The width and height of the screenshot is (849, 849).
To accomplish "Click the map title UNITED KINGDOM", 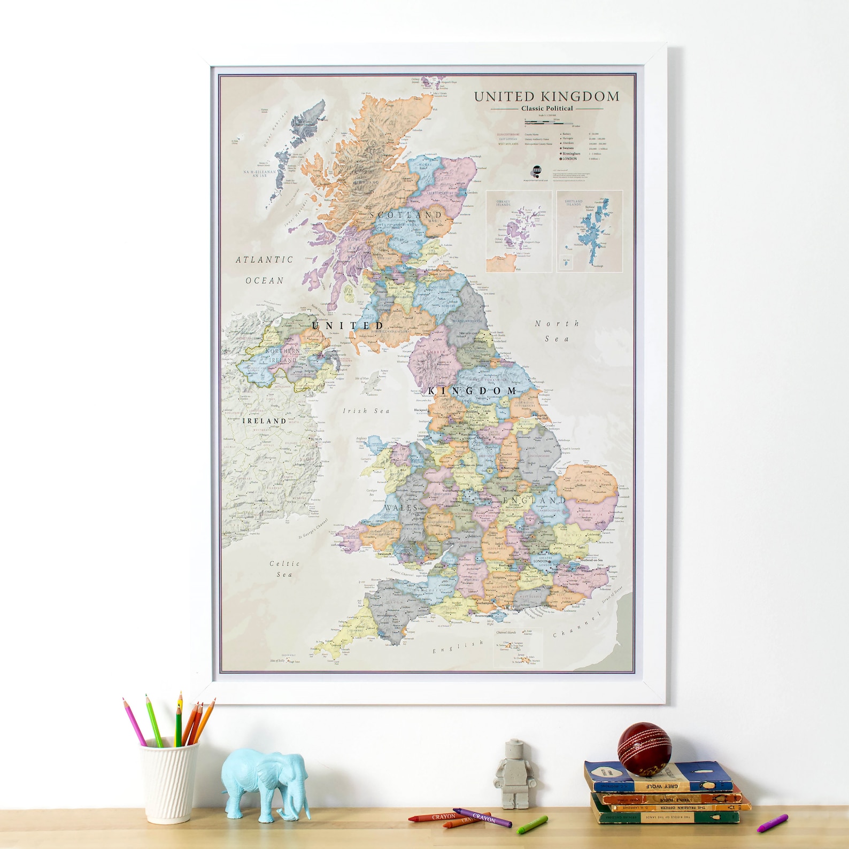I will pyautogui.click(x=546, y=97).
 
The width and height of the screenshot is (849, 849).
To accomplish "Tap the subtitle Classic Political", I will pyautogui.click(x=546, y=109).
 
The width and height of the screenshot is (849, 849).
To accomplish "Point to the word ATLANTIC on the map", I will pyautogui.click(x=265, y=260).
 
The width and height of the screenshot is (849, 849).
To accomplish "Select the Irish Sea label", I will pyautogui.click(x=366, y=411).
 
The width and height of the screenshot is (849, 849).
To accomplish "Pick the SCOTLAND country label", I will pyautogui.click(x=406, y=215).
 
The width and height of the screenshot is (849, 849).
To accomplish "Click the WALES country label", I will pyautogui.click(x=401, y=507).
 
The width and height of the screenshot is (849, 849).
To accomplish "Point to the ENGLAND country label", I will pyautogui.click(x=534, y=500).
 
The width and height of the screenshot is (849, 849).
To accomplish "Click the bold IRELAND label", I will pyautogui.click(x=265, y=421).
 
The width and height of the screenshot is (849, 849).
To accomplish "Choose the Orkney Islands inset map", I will pyautogui.click(x=519, y=231).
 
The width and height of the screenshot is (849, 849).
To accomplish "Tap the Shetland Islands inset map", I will pyautogui.click(x=589, y=231).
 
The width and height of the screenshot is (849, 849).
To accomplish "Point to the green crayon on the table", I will pyautogui.click(x=532, y=824).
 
